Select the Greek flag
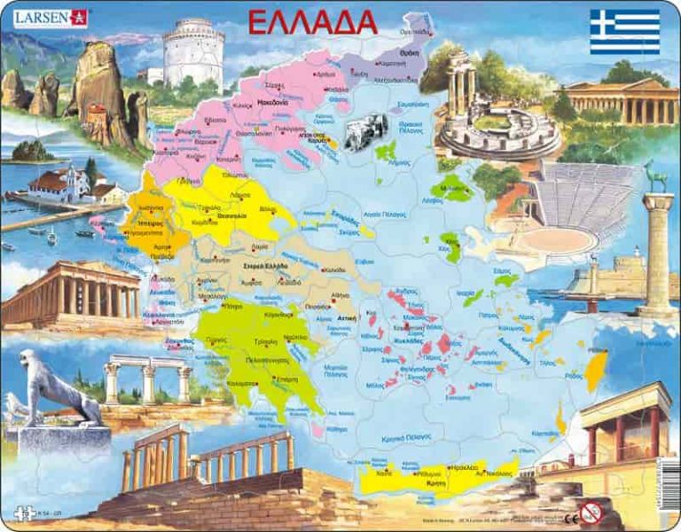click(x=625, y=32)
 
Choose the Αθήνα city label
click(x=339, y=295)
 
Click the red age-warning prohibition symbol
click(x=590, y=512)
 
